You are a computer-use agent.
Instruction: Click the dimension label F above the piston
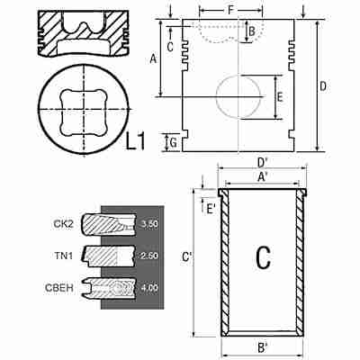click(x=230, y=10)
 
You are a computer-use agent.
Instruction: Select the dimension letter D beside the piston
click(x=323, y=86)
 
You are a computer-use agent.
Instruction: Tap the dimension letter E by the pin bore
click(x=280, y=97)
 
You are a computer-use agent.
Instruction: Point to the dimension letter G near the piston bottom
click(x=173, y=143)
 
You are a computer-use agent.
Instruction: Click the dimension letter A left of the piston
click(x=153, y=58)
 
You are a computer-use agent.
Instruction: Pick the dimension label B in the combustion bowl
click(x=252, y=31)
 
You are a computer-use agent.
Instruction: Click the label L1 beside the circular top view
click(x=135, y=141)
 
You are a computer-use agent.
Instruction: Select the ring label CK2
click(x=63, y=223)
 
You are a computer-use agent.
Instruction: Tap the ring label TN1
click(x=64, y=256)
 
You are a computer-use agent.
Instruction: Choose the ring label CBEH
click(x=59, y=288)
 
